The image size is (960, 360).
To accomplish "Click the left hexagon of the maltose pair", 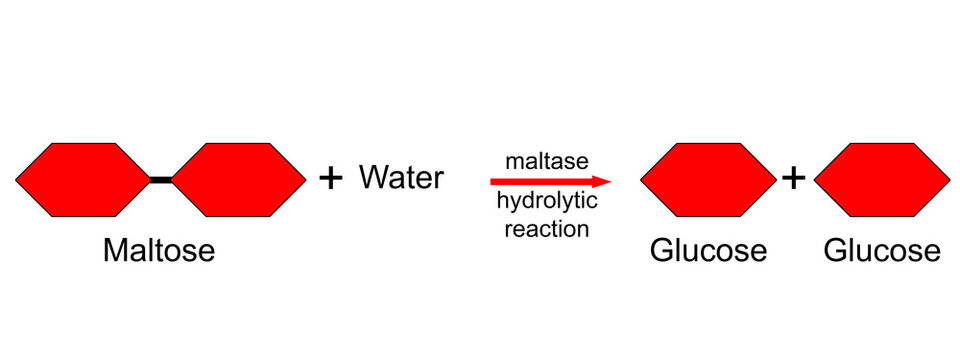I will (x=82, y=180).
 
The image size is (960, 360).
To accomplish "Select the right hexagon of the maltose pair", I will (x=240, y=180).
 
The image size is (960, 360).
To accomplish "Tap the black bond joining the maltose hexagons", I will (x=161, y=180).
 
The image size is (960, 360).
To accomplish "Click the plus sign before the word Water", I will (x=330, y=179).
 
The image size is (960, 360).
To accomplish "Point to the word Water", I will (x=401, y=178).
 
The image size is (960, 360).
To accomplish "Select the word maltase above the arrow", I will (x=546, y=160).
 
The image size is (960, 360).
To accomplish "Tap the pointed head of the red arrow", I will (x=603, y=182).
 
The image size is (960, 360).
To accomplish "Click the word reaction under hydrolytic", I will (x=546, y=228).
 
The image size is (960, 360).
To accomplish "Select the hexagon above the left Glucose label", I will (x=708, y=180).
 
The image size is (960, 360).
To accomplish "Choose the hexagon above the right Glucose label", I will (x=882, y=180).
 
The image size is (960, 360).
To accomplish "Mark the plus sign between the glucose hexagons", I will (x=794, y=179).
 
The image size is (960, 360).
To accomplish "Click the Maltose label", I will (x=159, y=250).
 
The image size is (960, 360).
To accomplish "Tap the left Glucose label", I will (x=708, y=250).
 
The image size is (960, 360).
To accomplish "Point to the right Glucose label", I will (x=882, y=250).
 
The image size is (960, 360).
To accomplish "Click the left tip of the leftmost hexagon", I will (x=17, y=180).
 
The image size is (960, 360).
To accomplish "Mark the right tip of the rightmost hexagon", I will (x=949, y=180).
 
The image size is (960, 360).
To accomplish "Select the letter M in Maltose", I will (x=115, y=250).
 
